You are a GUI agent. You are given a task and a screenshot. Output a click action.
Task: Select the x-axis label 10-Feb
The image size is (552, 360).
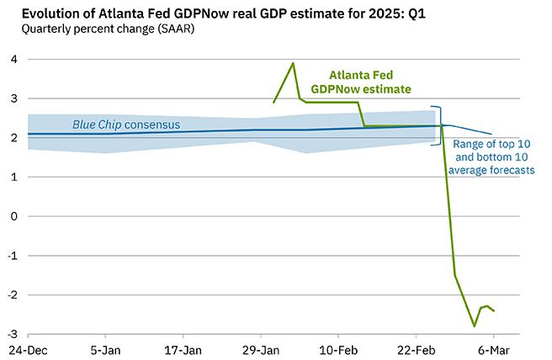click(340, 349)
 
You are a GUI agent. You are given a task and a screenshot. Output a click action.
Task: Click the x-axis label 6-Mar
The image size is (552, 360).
click(495, 349)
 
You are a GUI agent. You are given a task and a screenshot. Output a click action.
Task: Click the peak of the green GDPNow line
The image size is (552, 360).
click(293, 63)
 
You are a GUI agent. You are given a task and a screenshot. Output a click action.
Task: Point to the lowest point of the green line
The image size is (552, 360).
click(475, 326)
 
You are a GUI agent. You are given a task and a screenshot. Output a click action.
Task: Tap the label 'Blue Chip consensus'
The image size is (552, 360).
click(126, 124)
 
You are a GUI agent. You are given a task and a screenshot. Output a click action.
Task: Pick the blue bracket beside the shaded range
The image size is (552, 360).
click(439, 126)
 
